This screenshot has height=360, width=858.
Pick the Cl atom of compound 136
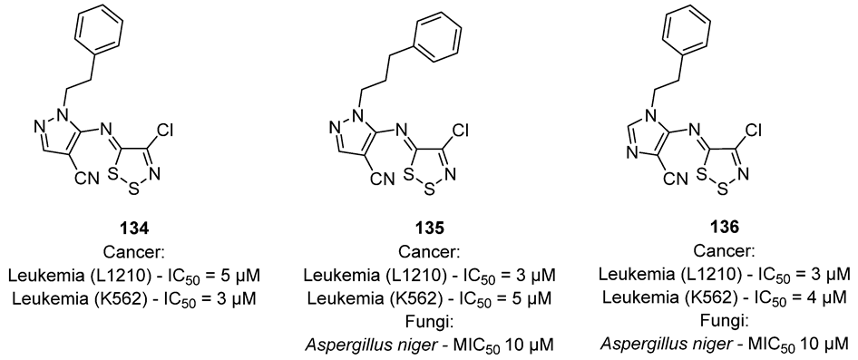(x=804, y=130)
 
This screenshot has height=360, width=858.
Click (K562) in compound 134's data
(x=115, y=295)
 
